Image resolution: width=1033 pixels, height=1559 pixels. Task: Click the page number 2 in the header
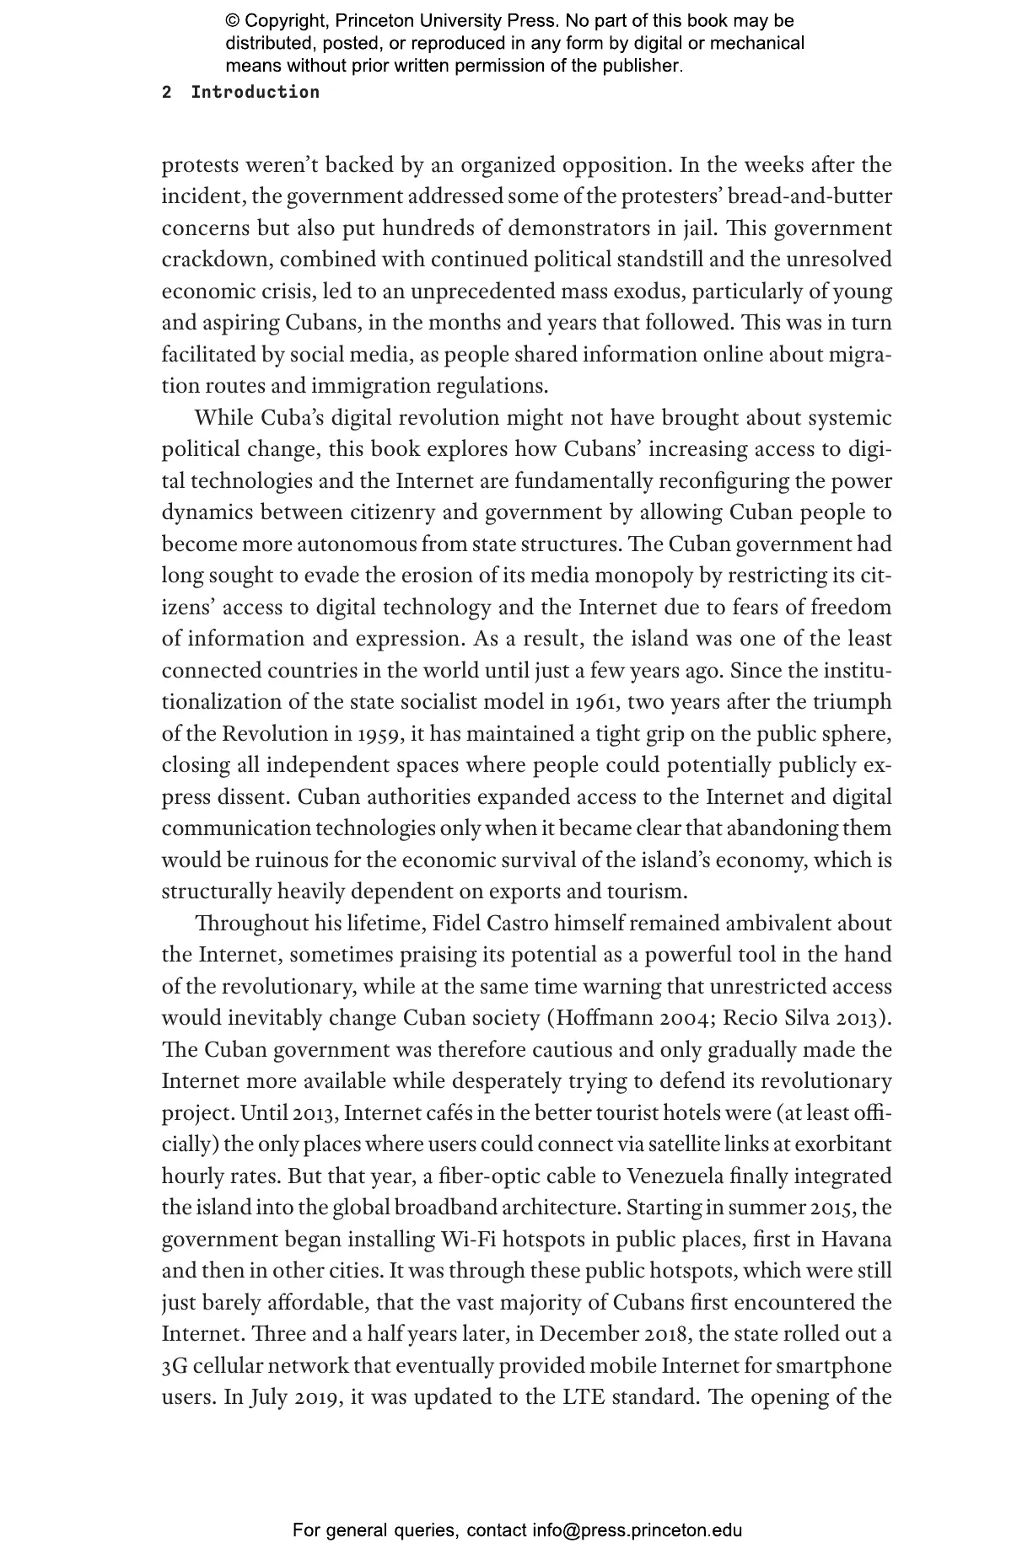pos(167,93)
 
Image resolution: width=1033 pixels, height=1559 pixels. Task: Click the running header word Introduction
pos(255,93)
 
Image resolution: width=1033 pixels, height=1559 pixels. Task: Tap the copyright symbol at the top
pos(234,21)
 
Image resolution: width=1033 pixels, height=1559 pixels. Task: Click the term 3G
pos(175,1366)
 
